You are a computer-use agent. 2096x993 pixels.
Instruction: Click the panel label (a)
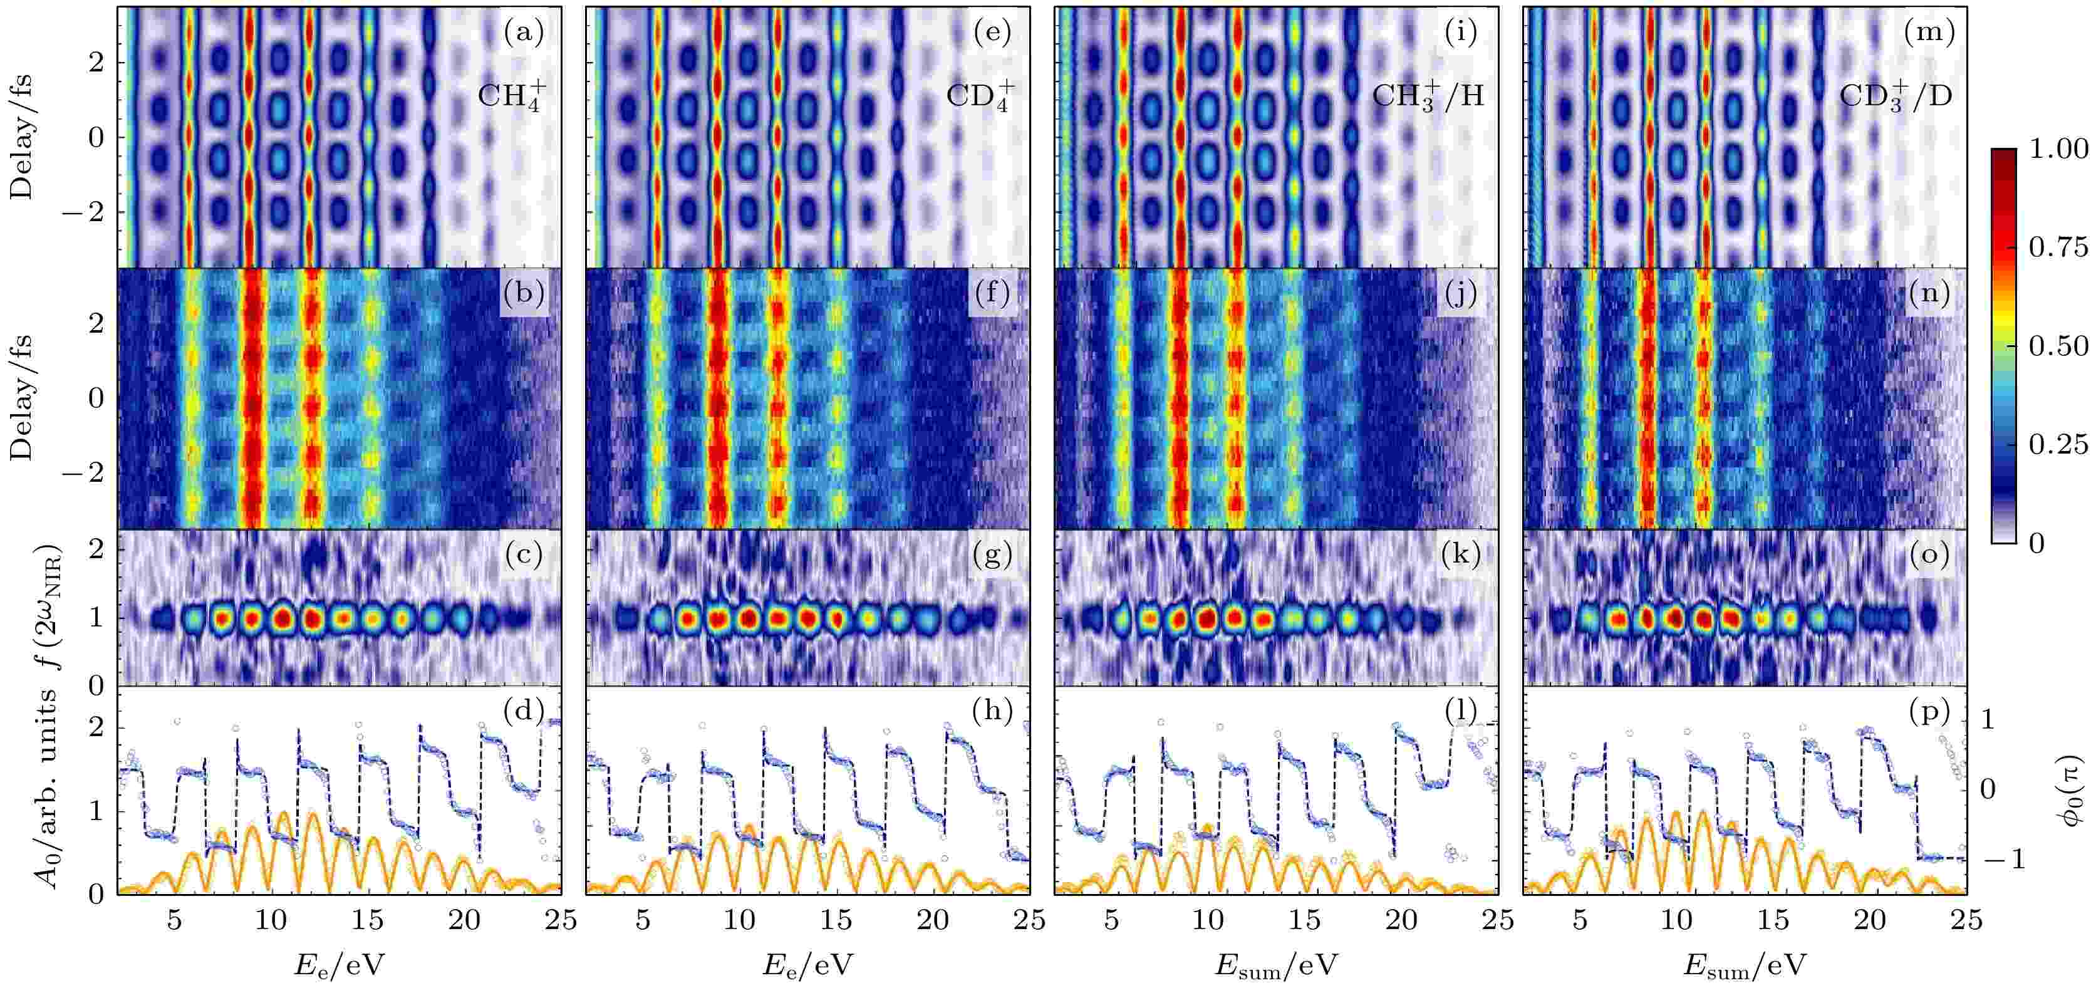[x=523, y=33]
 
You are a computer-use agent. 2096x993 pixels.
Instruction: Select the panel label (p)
[x=1928, y=711]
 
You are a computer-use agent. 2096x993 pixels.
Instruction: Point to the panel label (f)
[x=992, y=293]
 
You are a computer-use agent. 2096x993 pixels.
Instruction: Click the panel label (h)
[x=992, y=711]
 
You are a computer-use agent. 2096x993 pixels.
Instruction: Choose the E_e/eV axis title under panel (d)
[x=338, y=966]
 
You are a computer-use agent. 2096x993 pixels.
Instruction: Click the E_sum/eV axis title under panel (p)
[x=1745, y=966]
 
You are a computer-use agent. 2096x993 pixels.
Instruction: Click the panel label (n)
[x=1928, y=293]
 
